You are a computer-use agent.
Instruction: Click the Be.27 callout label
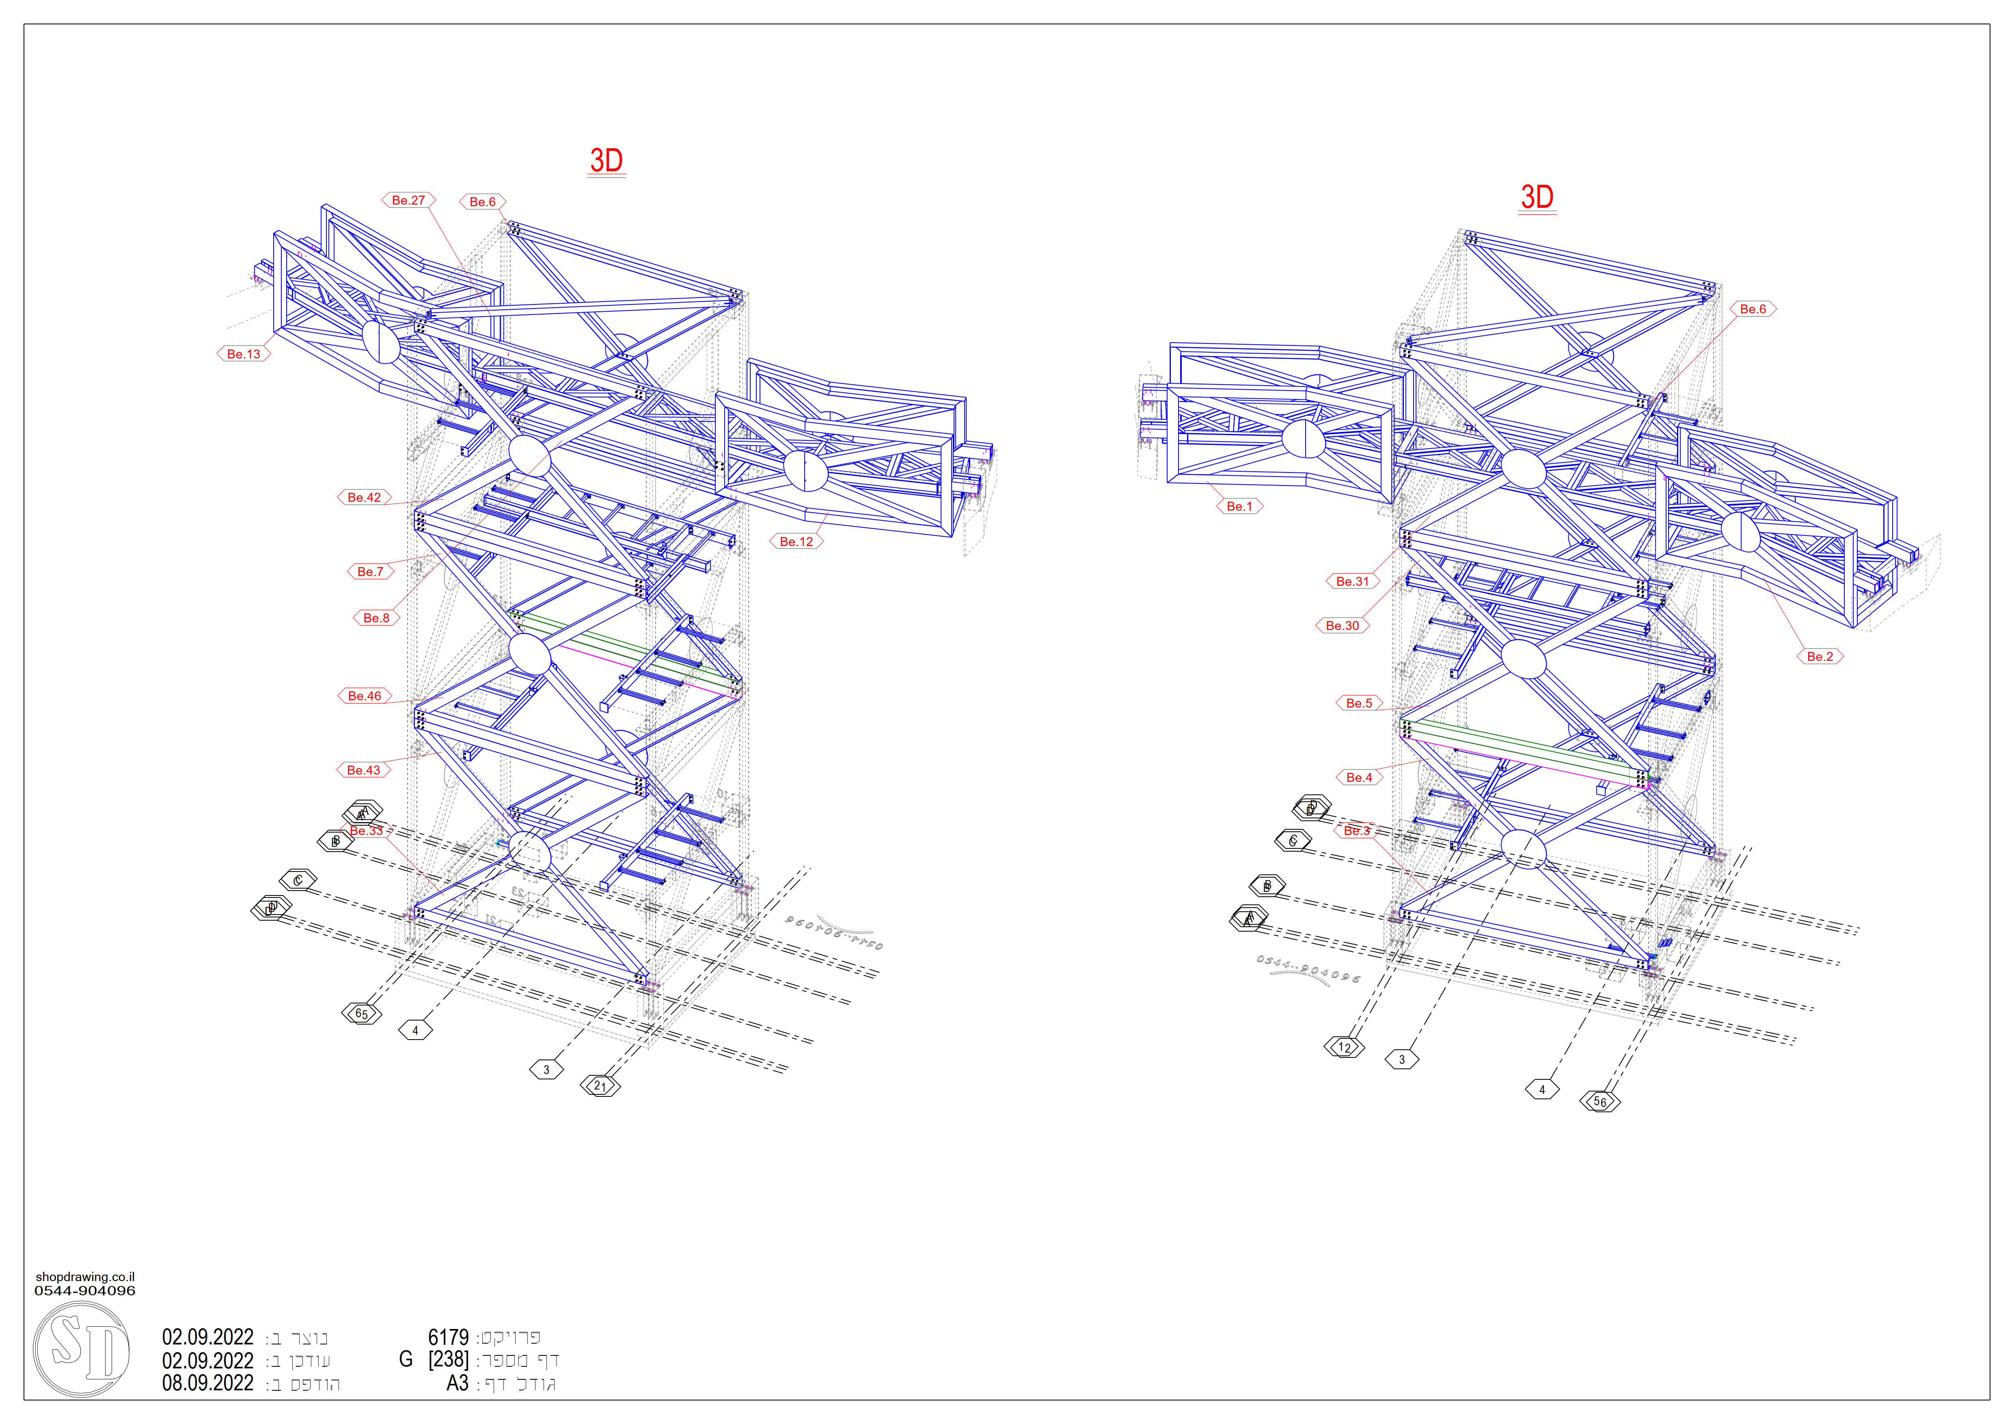point(408,200)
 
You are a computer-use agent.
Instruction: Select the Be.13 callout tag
point(244,354)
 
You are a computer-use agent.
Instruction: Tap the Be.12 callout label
point(797,542)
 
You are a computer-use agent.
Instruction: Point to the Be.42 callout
point(364,497)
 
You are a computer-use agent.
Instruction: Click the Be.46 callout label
point(364,696)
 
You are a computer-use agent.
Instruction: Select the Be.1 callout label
point(1239,507)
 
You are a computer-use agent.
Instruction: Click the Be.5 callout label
point(1359,703)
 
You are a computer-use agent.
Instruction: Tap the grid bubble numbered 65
point(361,1014)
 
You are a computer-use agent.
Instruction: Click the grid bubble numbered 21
point(600,1086)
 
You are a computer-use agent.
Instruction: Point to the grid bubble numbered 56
point(1600,1102)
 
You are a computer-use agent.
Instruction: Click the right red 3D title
point(1537,197)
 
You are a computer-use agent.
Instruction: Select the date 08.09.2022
point(208,1384)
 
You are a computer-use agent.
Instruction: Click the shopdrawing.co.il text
point(85,1277)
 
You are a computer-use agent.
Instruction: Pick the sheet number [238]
point(448,1360)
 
